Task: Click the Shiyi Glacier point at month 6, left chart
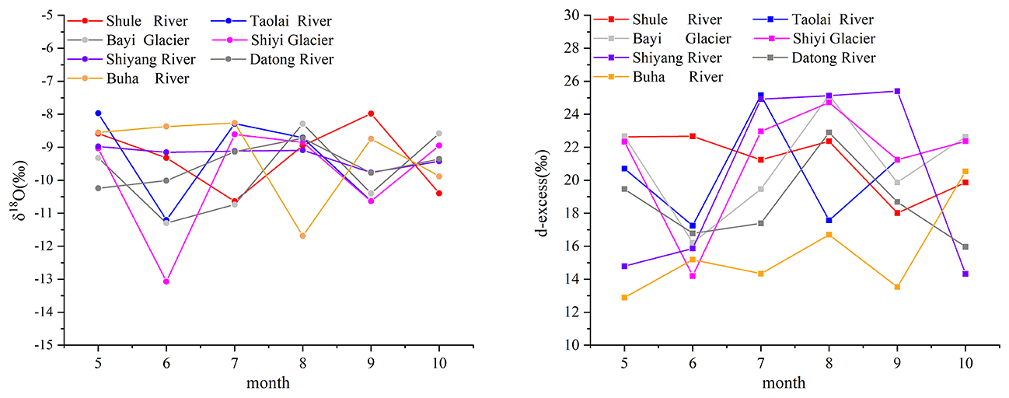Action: point(166,281)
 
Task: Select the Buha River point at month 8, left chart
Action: point(302,236)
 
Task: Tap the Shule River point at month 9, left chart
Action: point(371,113)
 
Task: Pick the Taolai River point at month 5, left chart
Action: point(98,113)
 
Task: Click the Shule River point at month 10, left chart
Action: point(439,193)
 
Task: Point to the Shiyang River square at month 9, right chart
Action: point(897,91)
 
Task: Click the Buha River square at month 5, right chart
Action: point(624,297)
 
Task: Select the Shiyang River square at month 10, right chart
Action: point(965,274)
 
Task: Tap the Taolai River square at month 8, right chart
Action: point(829,220)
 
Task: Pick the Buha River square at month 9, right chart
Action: point(897,287)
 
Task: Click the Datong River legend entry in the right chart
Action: point(821,58)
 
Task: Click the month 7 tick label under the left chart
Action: point(235,363)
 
